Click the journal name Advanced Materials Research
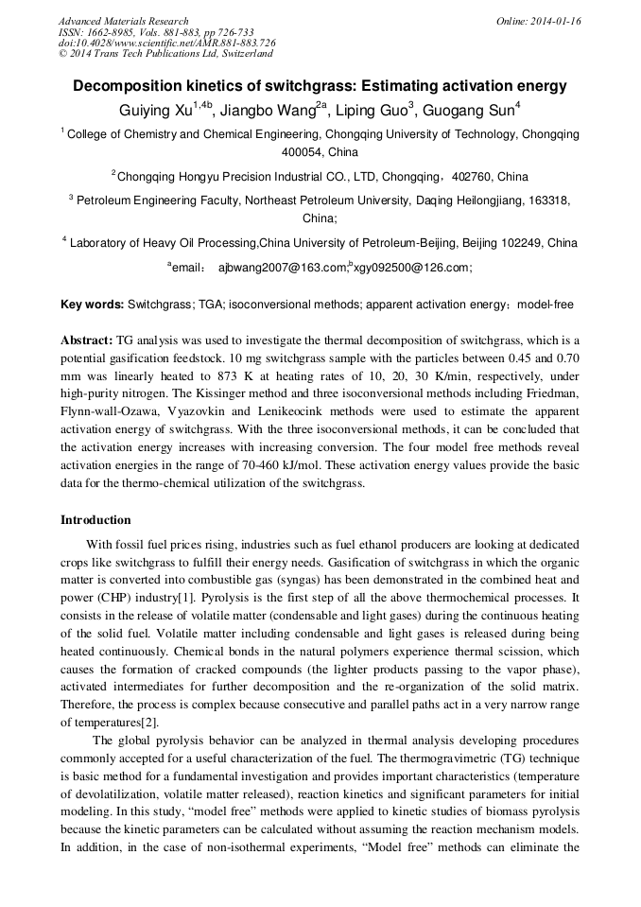click(x=123, y=21)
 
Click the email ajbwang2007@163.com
click(x=283, y=268)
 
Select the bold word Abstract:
click(x=86, y=340)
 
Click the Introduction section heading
click(x=95, y=520)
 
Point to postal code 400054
click(x=303, y=151)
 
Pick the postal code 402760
click(x=473, y=176)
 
